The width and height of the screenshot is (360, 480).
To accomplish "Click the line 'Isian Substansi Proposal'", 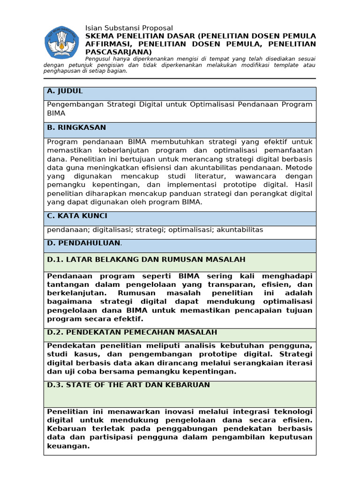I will point(129,28).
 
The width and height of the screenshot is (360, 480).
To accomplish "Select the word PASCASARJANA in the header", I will point(119,52).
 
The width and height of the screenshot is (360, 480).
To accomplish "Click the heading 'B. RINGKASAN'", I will point(76,127).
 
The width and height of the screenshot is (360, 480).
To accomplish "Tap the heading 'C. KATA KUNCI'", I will point(77,216).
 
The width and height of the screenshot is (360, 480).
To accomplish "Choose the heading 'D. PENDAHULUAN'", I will point(84,243).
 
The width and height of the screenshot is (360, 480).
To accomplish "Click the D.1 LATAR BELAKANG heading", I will point(146,259).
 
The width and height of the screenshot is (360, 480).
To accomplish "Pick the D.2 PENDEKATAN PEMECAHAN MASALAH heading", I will point(132,332).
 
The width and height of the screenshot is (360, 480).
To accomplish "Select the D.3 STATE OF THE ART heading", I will point(128,385).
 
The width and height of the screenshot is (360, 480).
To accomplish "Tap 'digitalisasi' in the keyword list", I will point(111,230).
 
